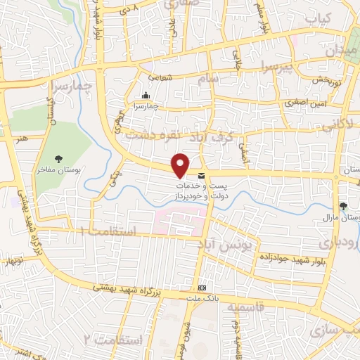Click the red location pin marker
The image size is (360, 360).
181,166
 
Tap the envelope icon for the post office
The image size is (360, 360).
202,175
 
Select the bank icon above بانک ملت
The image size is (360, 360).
202,288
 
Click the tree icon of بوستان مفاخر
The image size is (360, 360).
59,158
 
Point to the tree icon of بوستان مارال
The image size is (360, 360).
343,206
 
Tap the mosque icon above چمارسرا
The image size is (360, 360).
146,96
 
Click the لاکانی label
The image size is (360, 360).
342,124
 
